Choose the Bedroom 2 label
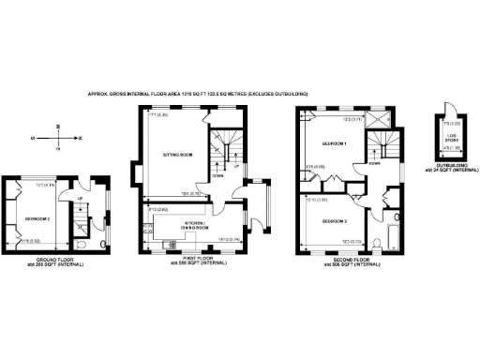tap(335, 221)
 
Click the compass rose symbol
tap(58, 137)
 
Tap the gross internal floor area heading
tap(197, 94)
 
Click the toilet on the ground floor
tap(104, 246)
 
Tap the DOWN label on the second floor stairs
tap(374, 162)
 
